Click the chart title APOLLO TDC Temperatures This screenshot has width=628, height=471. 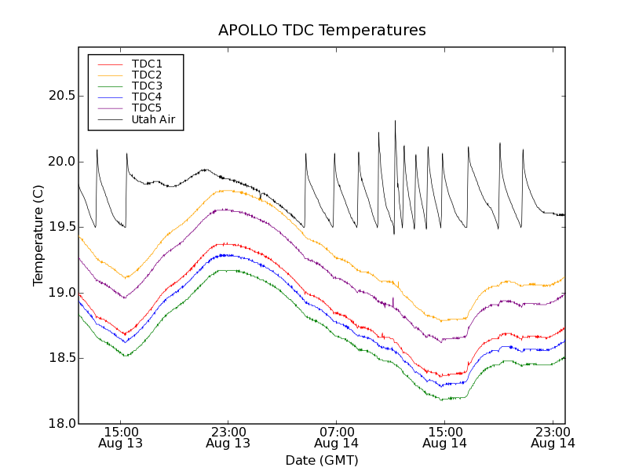(x=322, y=31)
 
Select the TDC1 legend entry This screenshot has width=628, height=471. (x=147, y=64)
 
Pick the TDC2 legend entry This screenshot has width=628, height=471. (x=147, y=75)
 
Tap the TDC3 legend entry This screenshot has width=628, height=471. (x=147, y=86)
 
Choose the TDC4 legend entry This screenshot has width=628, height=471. (x=147, y=97)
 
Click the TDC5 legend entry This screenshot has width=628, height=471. (x=147, y=108)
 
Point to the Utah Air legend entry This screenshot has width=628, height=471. (x=153, y=119)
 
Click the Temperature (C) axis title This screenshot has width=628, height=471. (x=38, y=235)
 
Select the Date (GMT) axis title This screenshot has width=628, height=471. (x=322, y=460)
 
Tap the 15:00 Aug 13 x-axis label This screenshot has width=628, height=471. (x=120, y=437)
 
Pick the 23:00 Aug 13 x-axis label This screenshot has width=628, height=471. (x=228, y=437)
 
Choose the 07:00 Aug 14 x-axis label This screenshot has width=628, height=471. (x=336, y=437)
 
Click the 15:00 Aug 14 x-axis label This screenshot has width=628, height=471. (x=444, y=437)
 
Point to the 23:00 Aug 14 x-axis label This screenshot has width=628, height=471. (x=553, y=437)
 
